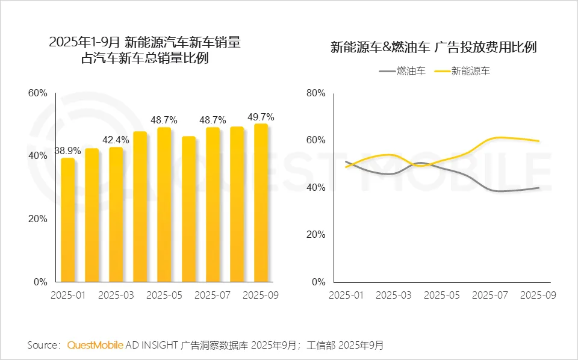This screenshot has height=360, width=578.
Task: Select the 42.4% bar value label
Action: pos(116,140)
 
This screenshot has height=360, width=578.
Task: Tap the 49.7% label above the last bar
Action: pos(261,117)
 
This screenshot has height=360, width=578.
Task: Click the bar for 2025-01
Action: pos(68,220)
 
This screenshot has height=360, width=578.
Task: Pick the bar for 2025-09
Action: pos(261,203)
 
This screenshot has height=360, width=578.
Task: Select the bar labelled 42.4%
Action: pos(116,214)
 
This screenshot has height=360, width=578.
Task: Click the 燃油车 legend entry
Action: pos(403,71)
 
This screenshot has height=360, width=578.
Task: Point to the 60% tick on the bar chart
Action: pos(37,93)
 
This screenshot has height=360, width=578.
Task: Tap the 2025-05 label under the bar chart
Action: pos(164,296)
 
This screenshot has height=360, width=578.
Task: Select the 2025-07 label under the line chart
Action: pos(490,296)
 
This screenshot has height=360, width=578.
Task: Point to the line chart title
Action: pos(433,48)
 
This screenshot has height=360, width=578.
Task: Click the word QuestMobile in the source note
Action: pos(95,346)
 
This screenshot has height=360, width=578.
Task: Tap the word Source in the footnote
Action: pos(43,346)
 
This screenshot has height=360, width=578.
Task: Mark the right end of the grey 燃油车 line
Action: pos(539,188)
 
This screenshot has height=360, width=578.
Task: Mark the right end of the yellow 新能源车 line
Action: pos(539,141)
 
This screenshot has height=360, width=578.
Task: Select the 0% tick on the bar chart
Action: pos(40,282)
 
